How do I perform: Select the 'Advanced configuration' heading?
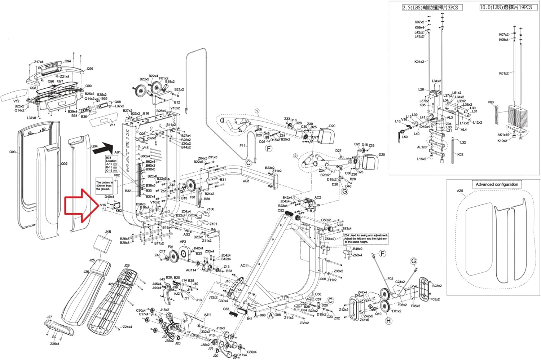[497, 184]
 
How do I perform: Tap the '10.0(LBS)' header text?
[505, 7]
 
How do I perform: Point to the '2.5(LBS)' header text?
[432, 7]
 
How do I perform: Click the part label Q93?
[13, 152]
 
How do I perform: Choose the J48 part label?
[108, 232]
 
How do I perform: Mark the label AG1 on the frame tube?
[246, 181]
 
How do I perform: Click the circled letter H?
[388, 321]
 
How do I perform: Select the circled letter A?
[270, 315]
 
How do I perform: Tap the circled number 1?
[257, 110]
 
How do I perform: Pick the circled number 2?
[295, 156]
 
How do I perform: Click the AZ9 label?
[460, 191]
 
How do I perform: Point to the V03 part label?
[491, 102]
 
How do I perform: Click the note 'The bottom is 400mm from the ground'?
[104, 186]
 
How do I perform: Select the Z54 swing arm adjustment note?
[366, 238]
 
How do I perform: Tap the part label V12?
[16, 101]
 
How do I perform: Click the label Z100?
[210, 209]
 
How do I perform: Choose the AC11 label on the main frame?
[245, 266]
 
